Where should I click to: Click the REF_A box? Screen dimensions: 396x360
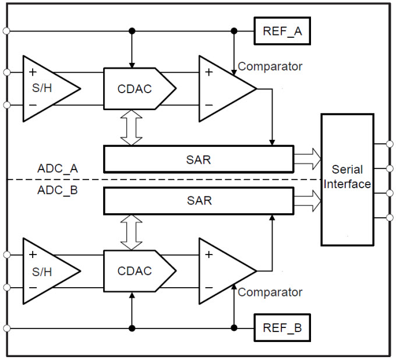coord(282,31)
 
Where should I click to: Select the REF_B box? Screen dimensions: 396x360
coord(282,327)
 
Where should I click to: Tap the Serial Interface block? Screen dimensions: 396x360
coord(347,179)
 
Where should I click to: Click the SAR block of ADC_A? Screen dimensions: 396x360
coord(199,159)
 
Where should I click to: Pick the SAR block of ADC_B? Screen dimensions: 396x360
coord(199,200)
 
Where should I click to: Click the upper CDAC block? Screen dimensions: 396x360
coord(139,89)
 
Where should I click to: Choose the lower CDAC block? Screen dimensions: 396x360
coord(139,271)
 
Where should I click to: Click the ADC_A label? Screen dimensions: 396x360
coord(58,168)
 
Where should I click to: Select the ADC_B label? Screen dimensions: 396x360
coord(58,190)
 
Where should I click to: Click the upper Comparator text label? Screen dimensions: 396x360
coord(270,66)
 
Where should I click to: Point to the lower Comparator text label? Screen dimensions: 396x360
coord(270,292)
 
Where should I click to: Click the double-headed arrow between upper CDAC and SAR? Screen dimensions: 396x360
coord(132,128)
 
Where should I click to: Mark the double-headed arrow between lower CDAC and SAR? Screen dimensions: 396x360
coord(132,232)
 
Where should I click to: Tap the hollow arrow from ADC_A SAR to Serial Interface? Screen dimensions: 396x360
coord(307,159)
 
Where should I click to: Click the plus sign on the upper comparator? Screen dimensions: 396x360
coord(209,72)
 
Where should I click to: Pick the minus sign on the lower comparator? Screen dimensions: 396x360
coord(209,288)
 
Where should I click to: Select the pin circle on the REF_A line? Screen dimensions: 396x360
coord(6,31)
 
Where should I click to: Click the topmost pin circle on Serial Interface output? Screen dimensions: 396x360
coord(390,144)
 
